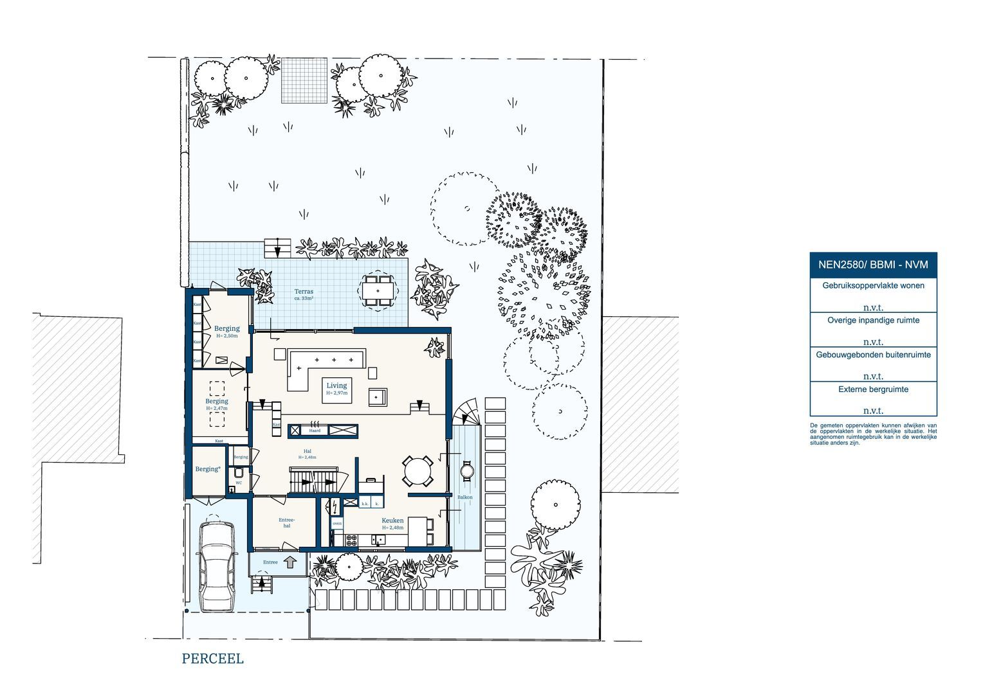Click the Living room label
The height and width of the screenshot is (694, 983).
coord(336,386)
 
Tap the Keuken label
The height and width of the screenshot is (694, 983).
coord(392,521)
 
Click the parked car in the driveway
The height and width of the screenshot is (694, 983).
coord(216,565)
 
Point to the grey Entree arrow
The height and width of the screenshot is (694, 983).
coord(290,562)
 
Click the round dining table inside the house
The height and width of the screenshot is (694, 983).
coord(418,470)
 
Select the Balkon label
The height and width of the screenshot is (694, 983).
coord(464,497)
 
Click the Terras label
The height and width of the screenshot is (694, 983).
coord(304,292)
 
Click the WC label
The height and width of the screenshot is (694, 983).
coord(238,483)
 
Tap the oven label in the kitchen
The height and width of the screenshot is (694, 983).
coord(337,524)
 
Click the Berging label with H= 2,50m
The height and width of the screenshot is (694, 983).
coord(226,328)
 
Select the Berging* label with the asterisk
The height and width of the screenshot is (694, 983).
coord(208,469)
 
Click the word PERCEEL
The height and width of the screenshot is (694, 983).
coord(212,659)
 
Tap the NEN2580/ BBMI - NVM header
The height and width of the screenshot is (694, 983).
coord(873,264)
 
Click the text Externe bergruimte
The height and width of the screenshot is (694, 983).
coord(873,389)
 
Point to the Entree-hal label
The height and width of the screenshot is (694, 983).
coord(286,522)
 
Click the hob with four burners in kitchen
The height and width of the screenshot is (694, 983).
coord(351,540)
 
